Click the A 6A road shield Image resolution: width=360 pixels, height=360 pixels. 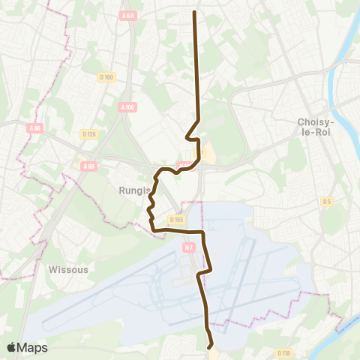129,16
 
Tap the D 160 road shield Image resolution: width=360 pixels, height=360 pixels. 106,76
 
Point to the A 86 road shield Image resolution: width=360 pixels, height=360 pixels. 34,128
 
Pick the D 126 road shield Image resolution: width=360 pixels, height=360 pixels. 88,134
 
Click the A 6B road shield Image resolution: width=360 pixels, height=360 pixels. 89,166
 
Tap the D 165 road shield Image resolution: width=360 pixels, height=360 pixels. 177,219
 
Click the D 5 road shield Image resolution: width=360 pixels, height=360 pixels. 326,201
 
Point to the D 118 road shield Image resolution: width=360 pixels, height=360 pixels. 283,352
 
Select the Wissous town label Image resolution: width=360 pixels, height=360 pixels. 68,268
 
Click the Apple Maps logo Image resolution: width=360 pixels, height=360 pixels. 27,347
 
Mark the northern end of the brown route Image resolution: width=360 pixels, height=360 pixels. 195,13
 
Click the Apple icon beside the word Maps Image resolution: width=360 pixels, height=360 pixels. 11,347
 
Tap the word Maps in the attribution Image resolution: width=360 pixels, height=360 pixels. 33,347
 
